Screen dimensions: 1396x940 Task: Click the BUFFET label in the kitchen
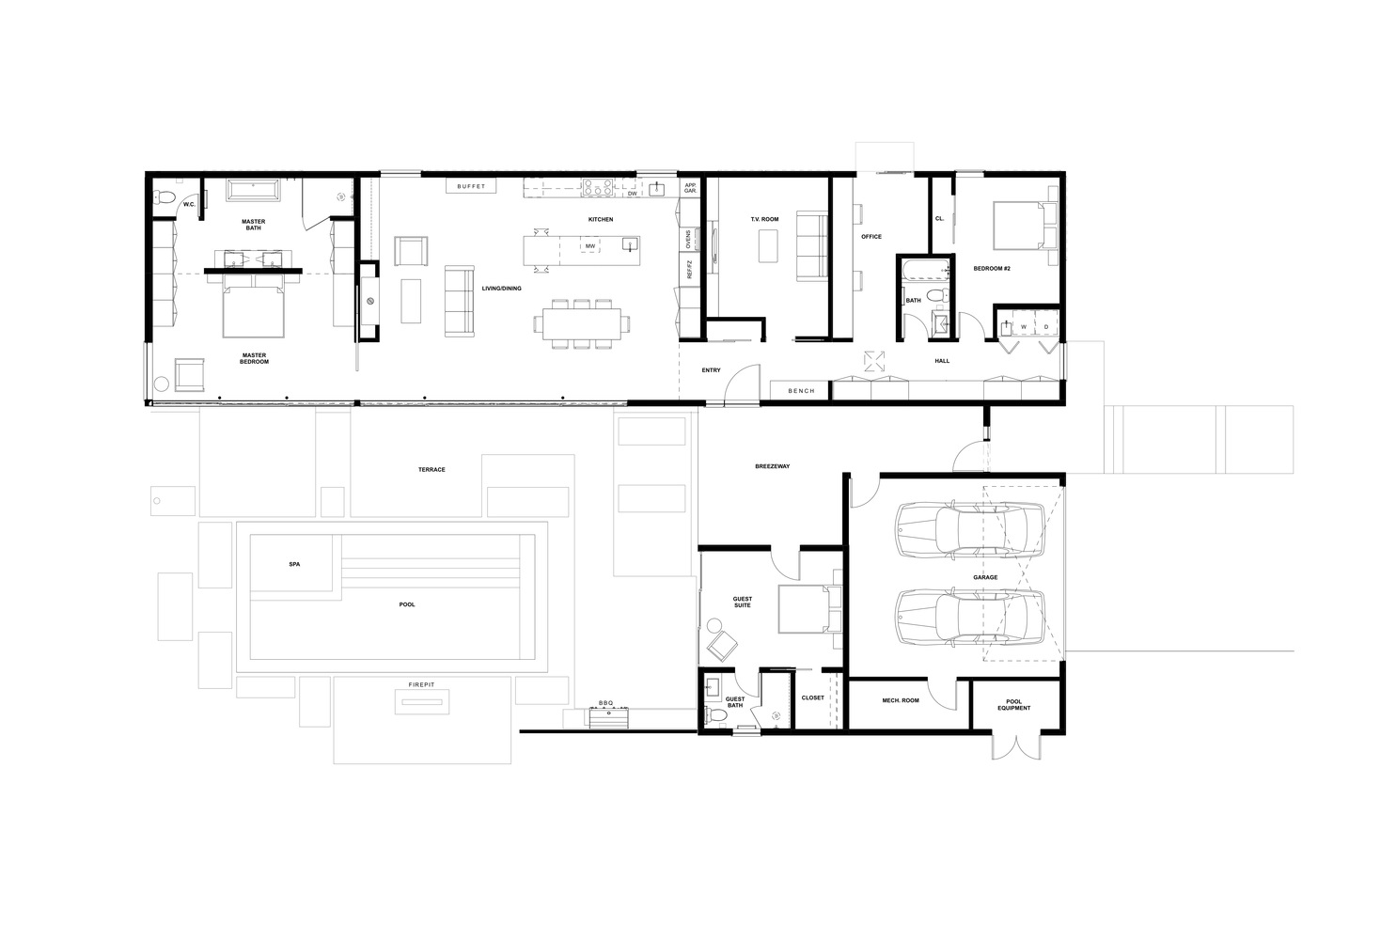[471, 186]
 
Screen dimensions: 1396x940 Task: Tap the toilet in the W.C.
[164, 198]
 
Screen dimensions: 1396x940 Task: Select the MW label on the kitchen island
[589, 246]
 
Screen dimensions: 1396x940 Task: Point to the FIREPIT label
[421, 684]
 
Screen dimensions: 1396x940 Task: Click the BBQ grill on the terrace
[607, 717]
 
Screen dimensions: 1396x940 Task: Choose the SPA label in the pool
[294, 564]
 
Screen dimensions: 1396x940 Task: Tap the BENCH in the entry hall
[801, 391]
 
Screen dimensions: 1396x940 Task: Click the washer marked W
[1024, 326]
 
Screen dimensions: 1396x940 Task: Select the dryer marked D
[1046, 326]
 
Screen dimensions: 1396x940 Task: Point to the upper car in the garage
[970, 529]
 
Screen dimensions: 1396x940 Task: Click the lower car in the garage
[970, 617]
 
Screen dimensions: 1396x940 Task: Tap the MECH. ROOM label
[901, 700]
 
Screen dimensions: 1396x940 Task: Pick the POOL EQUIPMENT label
[1014, 704]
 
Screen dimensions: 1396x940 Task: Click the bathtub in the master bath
[253, 190]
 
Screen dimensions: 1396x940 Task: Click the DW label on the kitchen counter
[632, 194]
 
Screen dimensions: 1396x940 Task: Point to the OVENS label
[688, 239]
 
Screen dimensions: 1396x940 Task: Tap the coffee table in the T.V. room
[768, 246]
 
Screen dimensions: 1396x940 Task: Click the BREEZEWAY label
[772, 466]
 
